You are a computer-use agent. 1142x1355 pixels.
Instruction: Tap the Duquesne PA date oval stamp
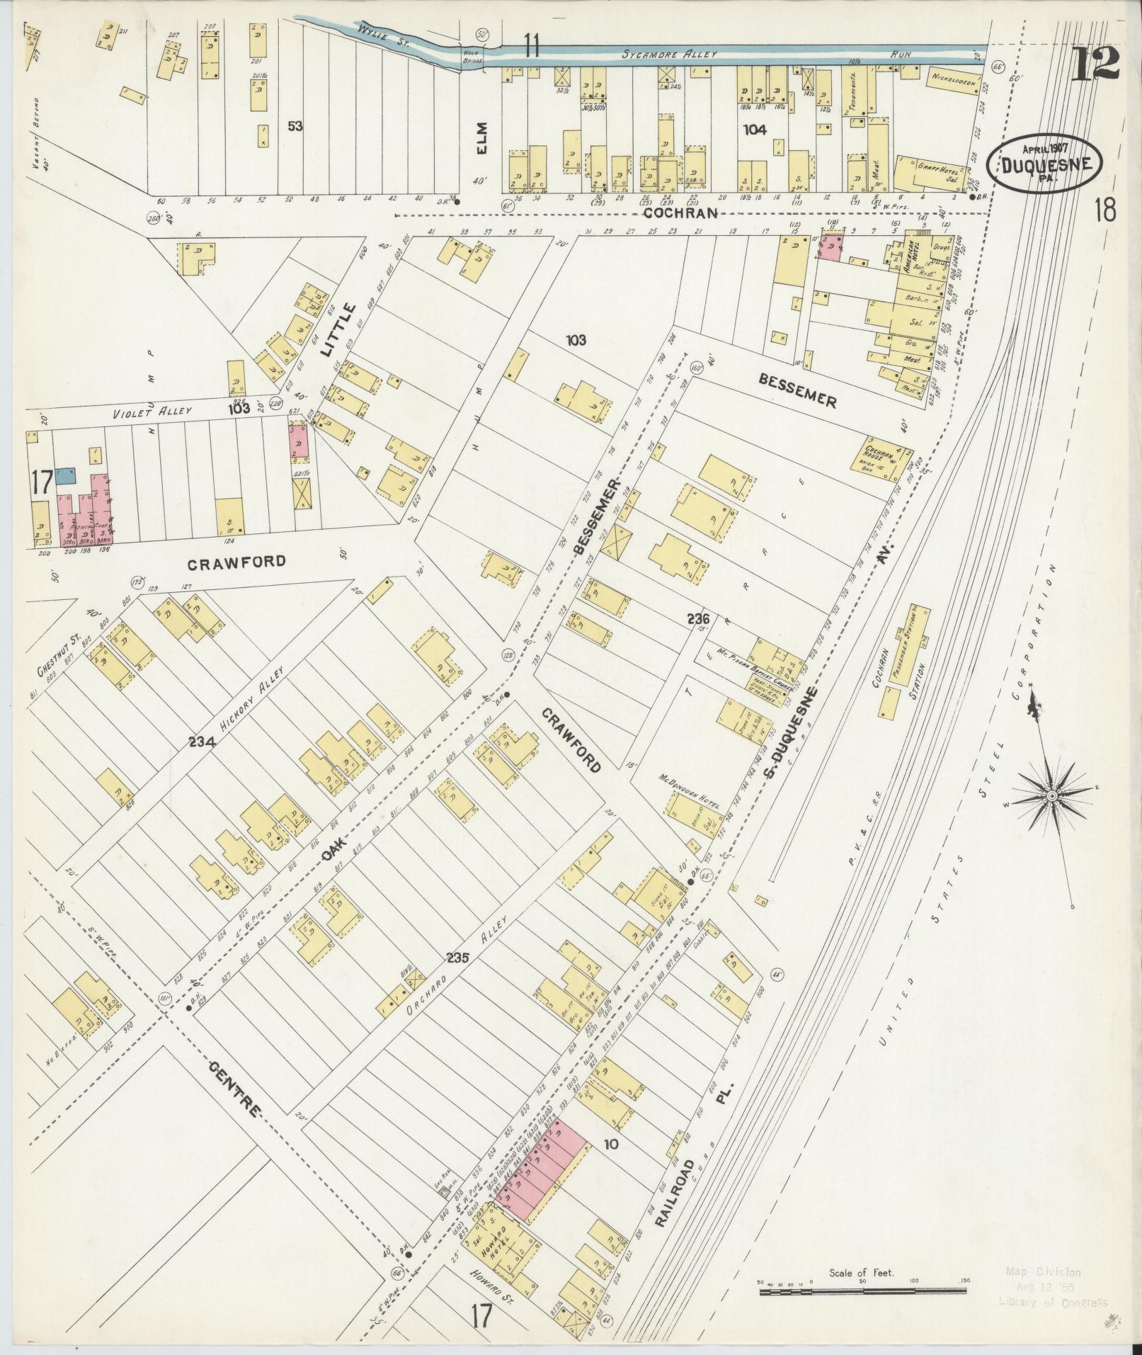[1044, 163]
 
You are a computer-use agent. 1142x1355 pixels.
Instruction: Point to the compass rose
[1052, 796]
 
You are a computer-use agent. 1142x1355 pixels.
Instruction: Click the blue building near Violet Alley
[66, 475]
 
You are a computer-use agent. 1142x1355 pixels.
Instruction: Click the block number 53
[295, 126]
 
